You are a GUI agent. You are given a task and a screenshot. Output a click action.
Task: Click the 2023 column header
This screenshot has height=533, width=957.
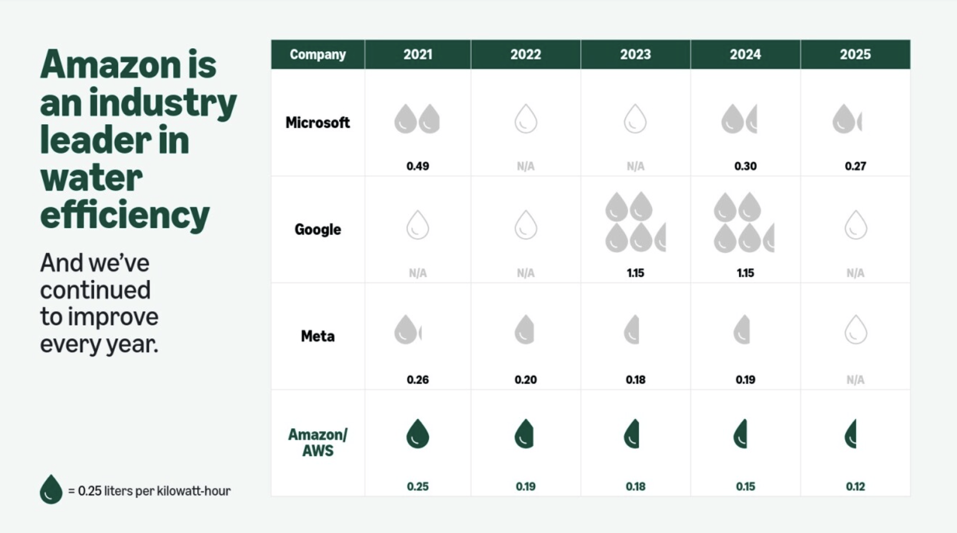point(635,55)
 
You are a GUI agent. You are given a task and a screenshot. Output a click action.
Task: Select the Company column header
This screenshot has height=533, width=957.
point(317,55)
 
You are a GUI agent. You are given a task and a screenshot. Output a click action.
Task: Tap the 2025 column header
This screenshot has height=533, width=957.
point(855,55)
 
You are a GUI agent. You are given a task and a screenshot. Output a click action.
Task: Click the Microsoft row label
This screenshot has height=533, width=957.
point(317,123)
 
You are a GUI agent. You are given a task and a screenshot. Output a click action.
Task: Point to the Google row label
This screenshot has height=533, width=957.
point(317,230)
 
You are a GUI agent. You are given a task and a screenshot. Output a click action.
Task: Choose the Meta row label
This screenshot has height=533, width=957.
point(317,337)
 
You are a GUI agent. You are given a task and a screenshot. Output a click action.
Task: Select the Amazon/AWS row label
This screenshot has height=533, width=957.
point(317,442)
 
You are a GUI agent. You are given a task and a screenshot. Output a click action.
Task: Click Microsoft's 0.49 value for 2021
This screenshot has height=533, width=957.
point(417,166)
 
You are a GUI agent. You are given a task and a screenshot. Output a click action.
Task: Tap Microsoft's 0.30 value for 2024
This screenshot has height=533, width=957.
point(745,166)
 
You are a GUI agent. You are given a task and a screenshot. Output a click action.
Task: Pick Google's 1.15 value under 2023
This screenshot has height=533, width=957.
point(635,273)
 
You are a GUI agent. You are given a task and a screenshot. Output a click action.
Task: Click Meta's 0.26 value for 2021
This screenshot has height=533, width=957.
point(417,379)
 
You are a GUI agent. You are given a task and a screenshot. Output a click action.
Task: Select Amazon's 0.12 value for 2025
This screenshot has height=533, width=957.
point(855,487)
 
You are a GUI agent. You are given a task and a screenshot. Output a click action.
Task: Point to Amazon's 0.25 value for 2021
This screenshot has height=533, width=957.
point(417,487)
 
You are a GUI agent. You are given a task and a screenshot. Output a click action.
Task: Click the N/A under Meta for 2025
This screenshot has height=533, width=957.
point(855,379)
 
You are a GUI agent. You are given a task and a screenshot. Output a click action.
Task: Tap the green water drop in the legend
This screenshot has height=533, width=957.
point(51,489)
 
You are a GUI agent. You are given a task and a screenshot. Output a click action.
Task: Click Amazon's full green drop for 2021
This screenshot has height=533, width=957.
point(417,434)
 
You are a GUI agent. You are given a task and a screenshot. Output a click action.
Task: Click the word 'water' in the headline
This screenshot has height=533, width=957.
point(91,178)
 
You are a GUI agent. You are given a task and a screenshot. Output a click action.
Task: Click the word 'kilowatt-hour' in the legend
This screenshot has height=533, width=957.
point(194,491)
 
